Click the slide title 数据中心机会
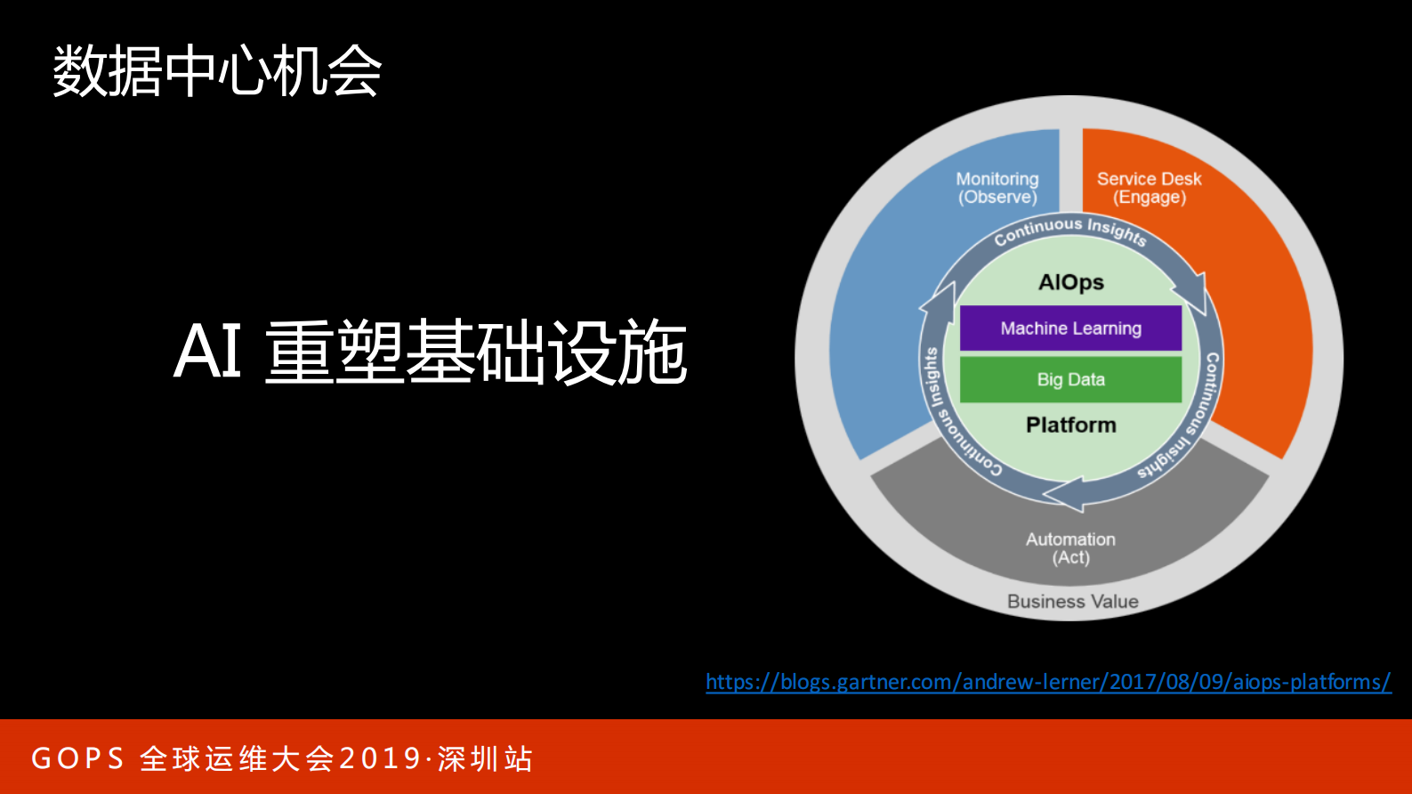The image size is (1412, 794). (x=217, y=71)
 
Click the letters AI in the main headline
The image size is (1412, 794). (x=207, y=352)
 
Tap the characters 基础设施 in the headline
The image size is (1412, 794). (x=546, y=352)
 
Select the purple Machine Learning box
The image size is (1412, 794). (x=1070, y=328)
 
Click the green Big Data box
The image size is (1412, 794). (x=1070, y=380)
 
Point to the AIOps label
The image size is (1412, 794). (x=1071, y=282)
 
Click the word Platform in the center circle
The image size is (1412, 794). (x=1070, y=425)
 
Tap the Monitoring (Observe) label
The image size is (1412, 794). (x=997, y=188)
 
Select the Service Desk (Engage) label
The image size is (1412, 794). (x=1149, y=188)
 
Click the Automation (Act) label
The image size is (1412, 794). (x=1070, y=548)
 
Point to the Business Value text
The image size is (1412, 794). (x=1072, y=602)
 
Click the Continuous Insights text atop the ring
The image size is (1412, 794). (x=1070, y=229)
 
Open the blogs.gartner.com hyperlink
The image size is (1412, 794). (x=1048, y=682)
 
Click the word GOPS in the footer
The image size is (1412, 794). (x=77, y=758)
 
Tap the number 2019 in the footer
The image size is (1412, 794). (x=380, y=758)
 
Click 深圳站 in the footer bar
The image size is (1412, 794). (x=485, y=758)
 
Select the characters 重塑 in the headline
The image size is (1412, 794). (x=334, y=352)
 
